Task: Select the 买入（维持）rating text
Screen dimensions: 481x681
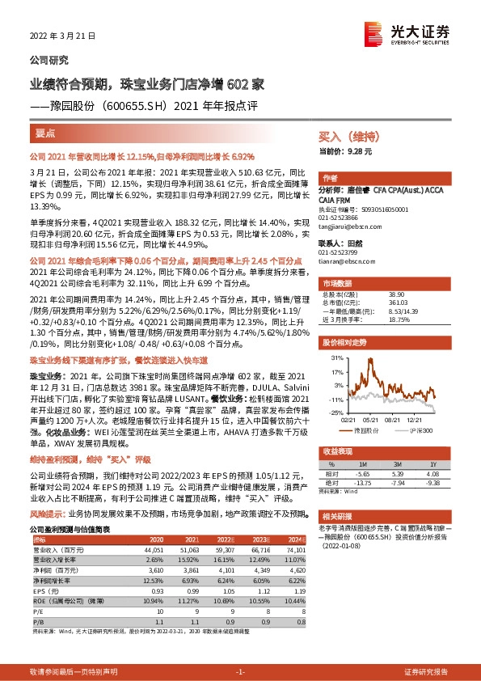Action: tap(343, 137)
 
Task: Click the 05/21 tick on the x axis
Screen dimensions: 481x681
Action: tap(372, 419)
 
